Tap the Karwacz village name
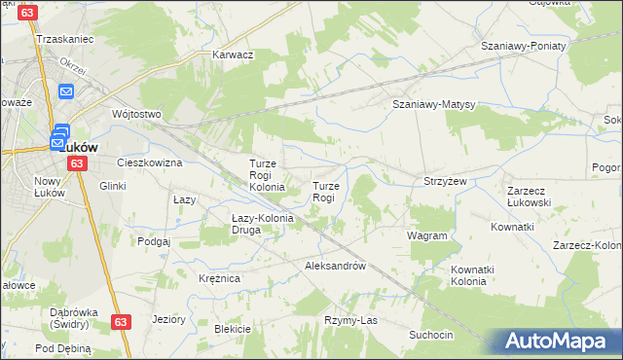(x=233, y=54)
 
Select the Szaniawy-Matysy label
(x=432, y=104)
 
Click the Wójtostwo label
(x=135, y=114)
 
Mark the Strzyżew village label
(x=446, y=181)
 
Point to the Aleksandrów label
(x=335, y=266)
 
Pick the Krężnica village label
(x=219, y=278)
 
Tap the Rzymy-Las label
(x=349, y=320)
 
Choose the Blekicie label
(x=233, y=329)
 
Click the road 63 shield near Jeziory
(x=120, y=321)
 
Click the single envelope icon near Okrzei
(x=66, y=91)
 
